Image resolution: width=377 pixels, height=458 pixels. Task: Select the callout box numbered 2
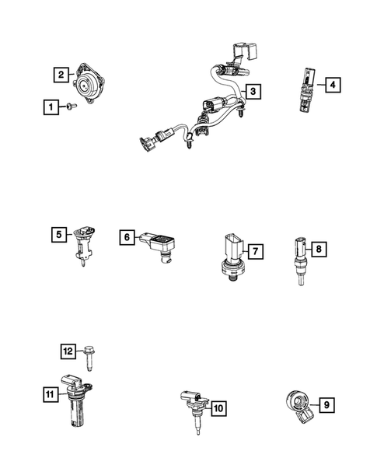(x=60, y=75)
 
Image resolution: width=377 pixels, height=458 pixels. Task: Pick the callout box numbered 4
(x=332, y=85)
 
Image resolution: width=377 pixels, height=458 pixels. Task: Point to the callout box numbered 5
(x=59, y=232)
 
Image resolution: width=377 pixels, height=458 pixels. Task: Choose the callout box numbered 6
(x=126, y=237)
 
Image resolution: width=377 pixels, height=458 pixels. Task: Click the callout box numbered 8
(x=318, y=249)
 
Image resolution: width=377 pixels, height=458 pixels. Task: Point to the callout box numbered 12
(x=68, y=351)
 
